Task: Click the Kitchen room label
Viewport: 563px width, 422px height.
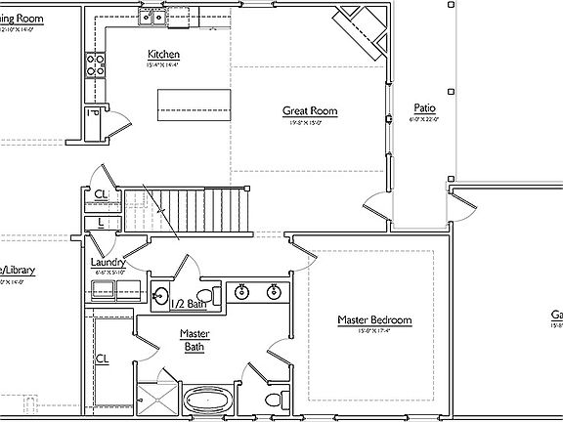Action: pos(163,54)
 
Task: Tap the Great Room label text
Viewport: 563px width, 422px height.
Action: pos(310,111)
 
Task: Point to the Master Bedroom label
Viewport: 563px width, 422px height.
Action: pos(374,320)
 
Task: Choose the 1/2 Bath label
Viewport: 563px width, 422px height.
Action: pos(189,305)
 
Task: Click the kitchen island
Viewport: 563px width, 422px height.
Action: pos(194,102)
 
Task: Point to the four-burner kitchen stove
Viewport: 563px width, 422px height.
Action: pos(97,64)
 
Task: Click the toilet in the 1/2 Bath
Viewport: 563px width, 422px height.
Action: pos(205,294)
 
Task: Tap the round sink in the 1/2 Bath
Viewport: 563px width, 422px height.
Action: pos(161,295)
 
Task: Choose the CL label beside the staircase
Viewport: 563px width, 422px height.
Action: pos(102,194)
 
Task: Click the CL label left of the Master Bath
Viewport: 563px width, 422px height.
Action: pos(102,359)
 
